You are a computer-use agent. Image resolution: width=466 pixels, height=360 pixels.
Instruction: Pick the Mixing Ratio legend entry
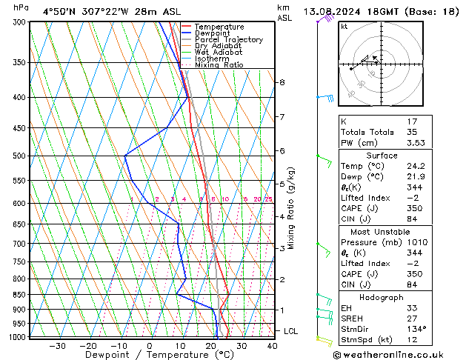click(x=219, y=65)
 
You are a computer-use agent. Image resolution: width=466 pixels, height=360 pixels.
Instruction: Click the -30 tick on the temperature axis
click(x=56, y=345)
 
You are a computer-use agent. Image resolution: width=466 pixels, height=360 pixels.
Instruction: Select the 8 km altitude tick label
click(x=282, y=82)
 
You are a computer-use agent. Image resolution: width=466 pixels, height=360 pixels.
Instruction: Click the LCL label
click(x=291, y=331)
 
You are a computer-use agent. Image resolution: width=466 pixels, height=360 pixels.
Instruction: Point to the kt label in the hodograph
click(x=344, y=26)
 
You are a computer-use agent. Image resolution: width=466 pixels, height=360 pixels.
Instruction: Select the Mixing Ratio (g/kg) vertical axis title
click(x=291, y=208)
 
